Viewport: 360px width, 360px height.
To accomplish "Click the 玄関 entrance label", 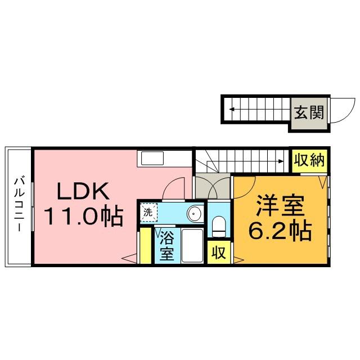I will (308, 112).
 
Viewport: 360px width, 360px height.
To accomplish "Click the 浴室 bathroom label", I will (166, 245).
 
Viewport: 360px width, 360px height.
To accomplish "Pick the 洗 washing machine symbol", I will (148, 213).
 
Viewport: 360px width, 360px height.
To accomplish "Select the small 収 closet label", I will (218, 252).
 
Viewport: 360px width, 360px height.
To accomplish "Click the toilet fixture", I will (218, 227).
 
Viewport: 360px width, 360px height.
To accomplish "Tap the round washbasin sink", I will (194, 214).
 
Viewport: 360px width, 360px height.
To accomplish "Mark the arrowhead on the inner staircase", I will (280, 162).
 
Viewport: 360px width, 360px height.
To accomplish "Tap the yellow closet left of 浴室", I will (146, 245).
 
